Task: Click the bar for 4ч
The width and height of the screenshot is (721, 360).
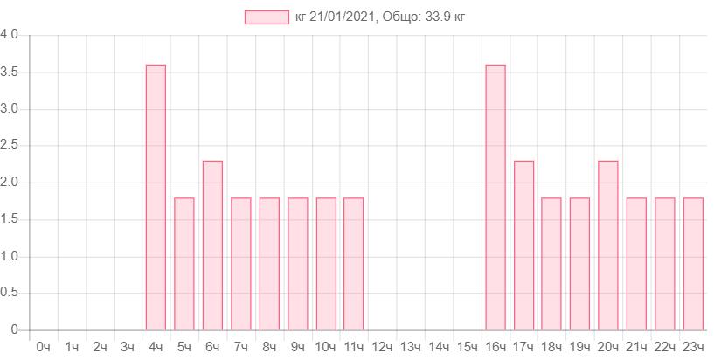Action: (156, 197)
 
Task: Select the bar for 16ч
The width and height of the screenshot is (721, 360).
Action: (496, 197)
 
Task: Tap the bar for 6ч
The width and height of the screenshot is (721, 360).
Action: (212, 245)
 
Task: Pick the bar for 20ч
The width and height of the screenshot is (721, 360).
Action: (608, 245)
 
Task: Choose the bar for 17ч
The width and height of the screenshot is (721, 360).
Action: (524, 245)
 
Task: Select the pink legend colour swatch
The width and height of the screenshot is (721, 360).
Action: (267, 17)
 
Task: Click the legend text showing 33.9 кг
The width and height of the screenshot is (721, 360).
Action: (380, 17)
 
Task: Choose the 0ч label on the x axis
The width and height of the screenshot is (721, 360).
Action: (43, 347)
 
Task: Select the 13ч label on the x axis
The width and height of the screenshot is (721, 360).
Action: (410, 347)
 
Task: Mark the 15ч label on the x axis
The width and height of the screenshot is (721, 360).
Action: (467, 347)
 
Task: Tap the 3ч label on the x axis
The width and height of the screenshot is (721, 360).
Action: (128, 347)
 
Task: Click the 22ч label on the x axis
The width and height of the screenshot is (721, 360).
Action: (665, 347)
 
